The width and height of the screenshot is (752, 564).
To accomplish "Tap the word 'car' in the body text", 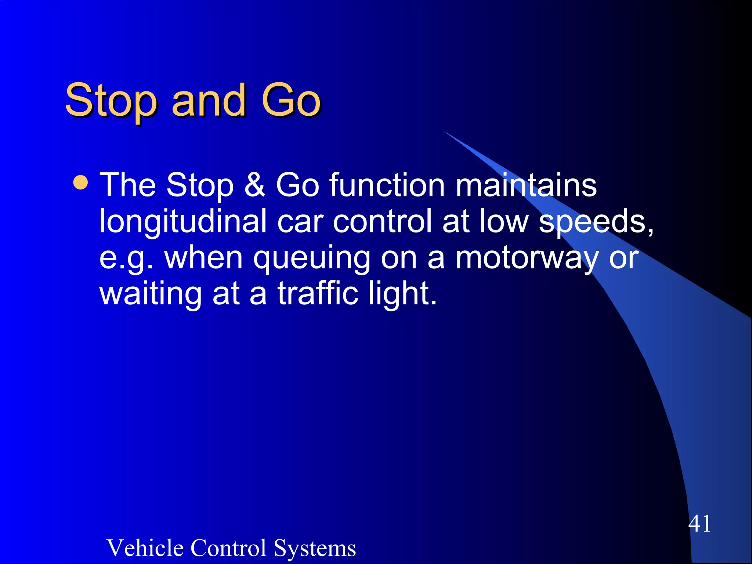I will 300,221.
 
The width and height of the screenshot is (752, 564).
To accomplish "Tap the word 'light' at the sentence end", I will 401,294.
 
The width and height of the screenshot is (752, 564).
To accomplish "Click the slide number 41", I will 699,523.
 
